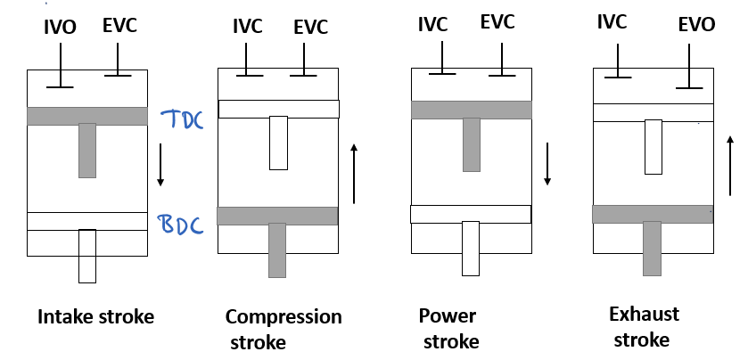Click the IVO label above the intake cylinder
60,28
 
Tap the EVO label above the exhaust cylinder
696,24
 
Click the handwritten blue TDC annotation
182,119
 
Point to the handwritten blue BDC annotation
181,225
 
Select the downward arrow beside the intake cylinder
160,165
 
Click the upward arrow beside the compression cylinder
354,174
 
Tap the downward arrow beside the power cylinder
547,164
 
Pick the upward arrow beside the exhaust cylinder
730,166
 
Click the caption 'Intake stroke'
96,317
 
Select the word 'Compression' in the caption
284,317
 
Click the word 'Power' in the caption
448,315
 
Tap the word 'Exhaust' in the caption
644,315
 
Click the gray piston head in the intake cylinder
87,116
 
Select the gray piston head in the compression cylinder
277,216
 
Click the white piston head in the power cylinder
471,214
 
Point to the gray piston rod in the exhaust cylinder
652,249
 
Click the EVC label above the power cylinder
497,22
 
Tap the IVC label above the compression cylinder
248,27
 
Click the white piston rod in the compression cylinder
278,143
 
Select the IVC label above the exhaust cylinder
612,22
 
